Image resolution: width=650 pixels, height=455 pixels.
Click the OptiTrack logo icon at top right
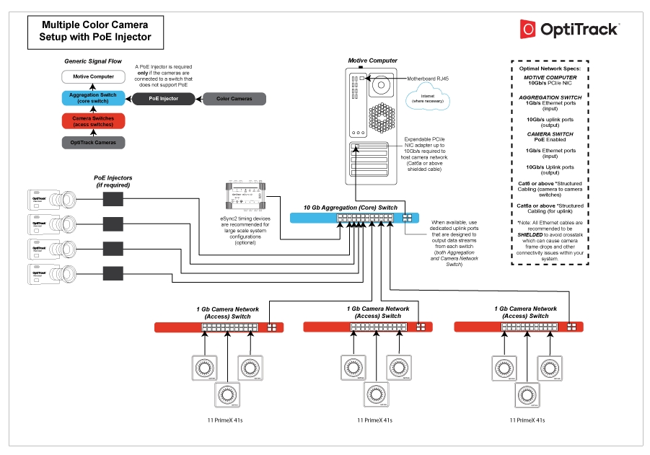click(x=528, y=29)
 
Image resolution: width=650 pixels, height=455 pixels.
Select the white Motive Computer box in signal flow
click(x=93, y=76)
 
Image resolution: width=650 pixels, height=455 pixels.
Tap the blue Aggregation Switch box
click(x=93, y=98)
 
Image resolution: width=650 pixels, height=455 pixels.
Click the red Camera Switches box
click(x=93, y=120)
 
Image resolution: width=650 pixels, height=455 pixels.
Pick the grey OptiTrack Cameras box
click(x=93, y=142)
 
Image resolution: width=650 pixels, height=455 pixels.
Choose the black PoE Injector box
click(x=163, y=98)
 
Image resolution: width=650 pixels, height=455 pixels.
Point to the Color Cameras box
click(x=234, y=98)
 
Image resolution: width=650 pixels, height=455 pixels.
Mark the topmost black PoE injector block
click(x=114, y=198)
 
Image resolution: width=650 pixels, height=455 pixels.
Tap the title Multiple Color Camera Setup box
click(x=89, y=31)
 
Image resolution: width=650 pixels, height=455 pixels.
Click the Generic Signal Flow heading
click(x=92, y=61)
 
